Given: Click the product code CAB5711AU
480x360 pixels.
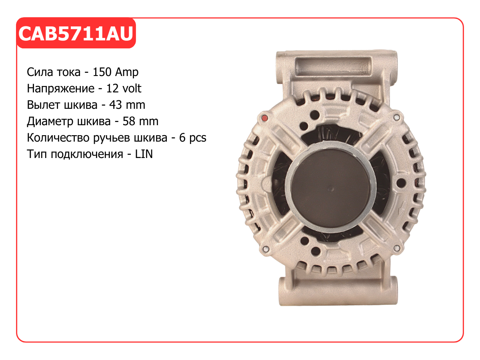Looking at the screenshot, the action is pyautogui.click(x=76, y=34).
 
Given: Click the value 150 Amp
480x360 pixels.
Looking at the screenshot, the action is pyautogui.click(x=116, y=72).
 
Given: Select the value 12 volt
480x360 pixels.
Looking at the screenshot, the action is pyautogui.click(x=124, y=88).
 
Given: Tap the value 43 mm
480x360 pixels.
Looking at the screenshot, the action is pyautogui.click(x=127, y=105).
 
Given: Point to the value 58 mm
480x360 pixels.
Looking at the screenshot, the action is pyautogui.click(x=140, y=121).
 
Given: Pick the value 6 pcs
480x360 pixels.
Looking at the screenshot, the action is pyautogui.click(x=193, y=138).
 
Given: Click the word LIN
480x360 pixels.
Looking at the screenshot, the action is pyautogui.click(x=144, y=154).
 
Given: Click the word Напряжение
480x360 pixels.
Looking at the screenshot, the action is pyautogui.click(x=60, y=89).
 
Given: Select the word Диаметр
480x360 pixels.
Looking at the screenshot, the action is pyautogui.click(x=50, y=122).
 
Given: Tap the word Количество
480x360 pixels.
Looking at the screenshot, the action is pyautogui.click(x=58, y=138).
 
